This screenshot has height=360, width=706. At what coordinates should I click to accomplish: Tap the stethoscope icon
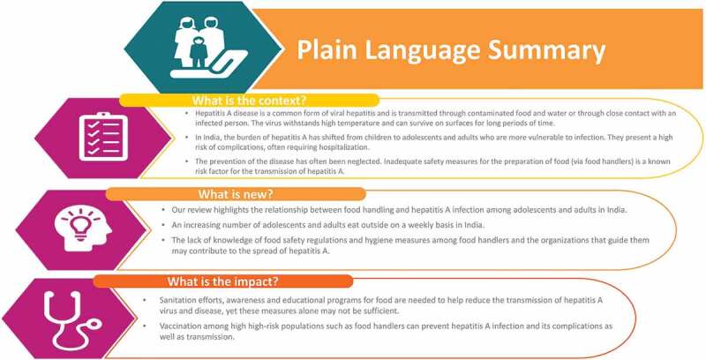(72, 319)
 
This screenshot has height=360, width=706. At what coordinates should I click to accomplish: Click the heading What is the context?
(249, 100)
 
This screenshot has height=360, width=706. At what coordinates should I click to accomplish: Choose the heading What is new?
(236, 194)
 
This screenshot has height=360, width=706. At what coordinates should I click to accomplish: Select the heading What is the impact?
(223, 281)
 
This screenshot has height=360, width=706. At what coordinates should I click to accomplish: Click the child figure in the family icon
(198, 53)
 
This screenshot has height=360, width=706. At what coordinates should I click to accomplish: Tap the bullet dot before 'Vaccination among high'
(145, 326)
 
